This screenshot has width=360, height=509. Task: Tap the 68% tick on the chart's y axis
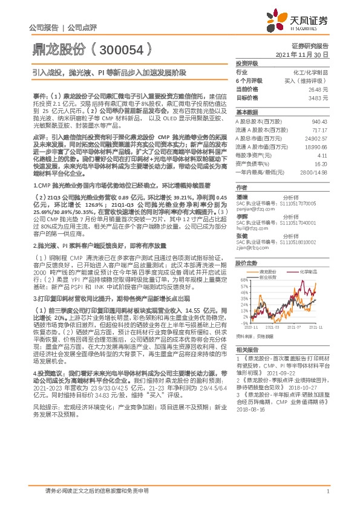241,264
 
